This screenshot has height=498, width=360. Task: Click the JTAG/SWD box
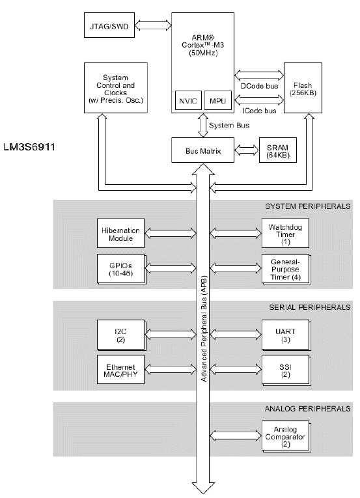(109, 25)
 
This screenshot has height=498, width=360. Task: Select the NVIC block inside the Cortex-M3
(188, 101)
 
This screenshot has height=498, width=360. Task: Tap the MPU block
(217, 101)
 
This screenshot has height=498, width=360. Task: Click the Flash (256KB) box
(303, 88)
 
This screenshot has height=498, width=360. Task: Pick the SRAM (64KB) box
(278, 150)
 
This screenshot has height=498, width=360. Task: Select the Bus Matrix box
(202, 150)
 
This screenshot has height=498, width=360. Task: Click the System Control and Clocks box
(116, 88)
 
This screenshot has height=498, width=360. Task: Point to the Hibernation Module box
(120, 233)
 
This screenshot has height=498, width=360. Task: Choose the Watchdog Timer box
(285, 233)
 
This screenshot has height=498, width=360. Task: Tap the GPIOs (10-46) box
(121, 269)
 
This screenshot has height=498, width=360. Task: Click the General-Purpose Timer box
(286, 269)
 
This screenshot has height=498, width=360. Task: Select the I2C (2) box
(121, 335)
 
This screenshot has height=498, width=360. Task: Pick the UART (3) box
(286, 335)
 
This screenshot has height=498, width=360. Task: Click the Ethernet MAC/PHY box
(120, 370)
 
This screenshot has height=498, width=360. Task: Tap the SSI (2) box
(286, 370)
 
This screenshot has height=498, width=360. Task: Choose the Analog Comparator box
(286, 437)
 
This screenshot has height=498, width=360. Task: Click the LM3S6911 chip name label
(29, 147)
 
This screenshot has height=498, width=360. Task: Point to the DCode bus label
(259, 86)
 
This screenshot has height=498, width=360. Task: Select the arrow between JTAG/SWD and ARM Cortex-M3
(153, 25)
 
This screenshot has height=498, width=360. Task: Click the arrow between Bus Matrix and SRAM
(247, 150)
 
